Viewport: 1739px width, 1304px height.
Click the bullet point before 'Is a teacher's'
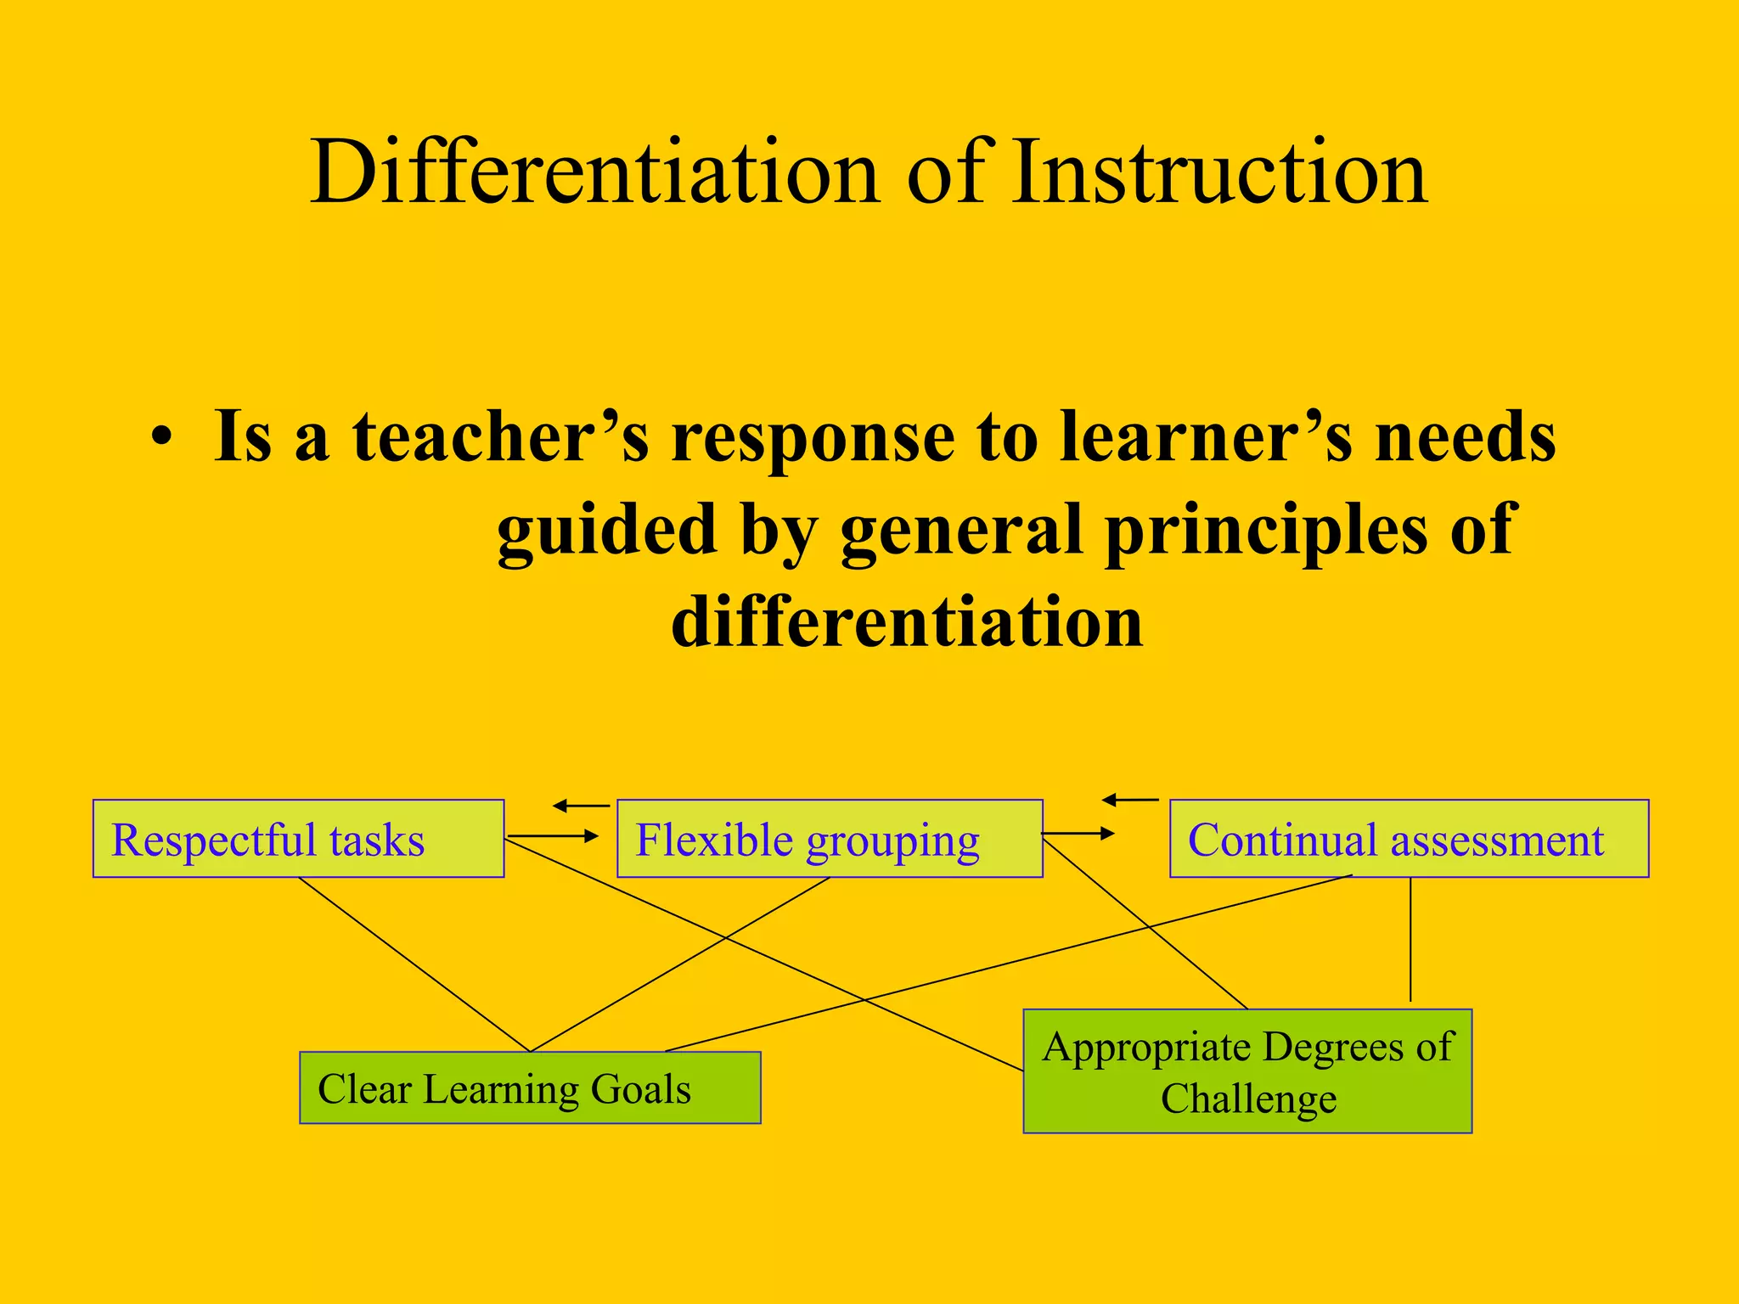coord(161,439)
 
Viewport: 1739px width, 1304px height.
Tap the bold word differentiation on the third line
coord(907,621)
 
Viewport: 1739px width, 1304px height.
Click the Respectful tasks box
coord(298,839)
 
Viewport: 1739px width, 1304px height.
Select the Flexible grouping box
coord(829,839)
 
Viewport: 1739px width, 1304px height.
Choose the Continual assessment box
coord(1409,839)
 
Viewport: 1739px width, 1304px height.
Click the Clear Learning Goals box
coord(530,1088)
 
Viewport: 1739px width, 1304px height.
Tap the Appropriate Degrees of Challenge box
coord(1247,1071)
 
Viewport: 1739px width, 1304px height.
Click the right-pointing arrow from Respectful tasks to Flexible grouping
coord(554,837)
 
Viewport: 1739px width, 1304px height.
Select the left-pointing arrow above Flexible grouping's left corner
coord(581,806)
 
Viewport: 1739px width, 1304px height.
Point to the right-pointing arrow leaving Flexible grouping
coord(1078,834)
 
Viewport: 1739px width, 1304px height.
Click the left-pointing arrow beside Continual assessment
coord(1130,800)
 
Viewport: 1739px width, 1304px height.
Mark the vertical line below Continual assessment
coord(1410,939)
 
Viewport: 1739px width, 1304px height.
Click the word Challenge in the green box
coord(1248,1099)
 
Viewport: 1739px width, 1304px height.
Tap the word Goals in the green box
coord(641,1089)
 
